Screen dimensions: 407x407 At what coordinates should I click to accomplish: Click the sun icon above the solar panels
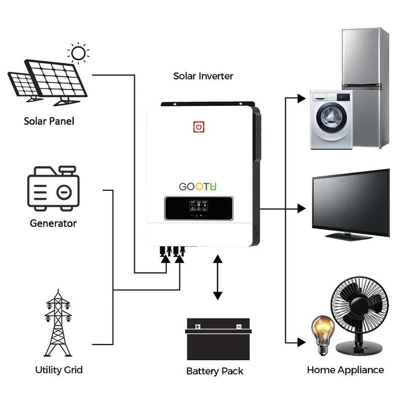coord(78,52)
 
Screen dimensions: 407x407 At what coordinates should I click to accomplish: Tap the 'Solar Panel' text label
coord(49,121)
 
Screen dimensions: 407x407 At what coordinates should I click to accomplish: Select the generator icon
coord(52,188)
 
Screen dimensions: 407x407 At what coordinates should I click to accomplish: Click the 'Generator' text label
coord(53,223)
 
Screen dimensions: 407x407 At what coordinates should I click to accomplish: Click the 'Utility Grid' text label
coord(59,370)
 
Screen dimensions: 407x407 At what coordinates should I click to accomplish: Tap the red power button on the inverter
coord(199,126)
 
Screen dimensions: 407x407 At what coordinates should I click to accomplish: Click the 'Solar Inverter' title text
coord(203,76)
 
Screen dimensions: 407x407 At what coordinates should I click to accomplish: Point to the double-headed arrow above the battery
coord(218,277)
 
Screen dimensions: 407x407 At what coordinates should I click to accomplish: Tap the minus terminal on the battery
coord(238,327)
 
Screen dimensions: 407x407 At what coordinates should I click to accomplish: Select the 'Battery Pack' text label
coord(215,371)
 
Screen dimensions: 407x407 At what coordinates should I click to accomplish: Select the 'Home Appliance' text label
coord(345,370)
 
